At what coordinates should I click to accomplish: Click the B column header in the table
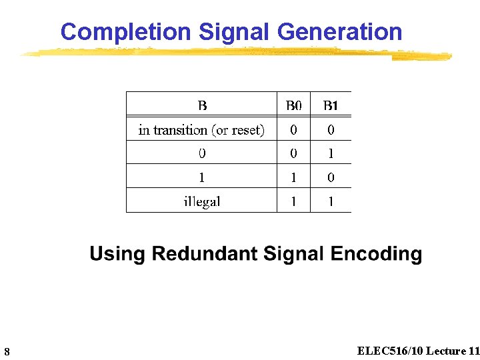tap(202, 105)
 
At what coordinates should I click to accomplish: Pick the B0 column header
tap(293, 105)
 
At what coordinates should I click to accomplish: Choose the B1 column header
tap(331, 105)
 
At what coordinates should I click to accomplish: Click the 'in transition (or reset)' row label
tap(201, 130)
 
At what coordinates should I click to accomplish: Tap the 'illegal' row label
tap(201, 201)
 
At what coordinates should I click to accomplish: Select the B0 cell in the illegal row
tap(293, 201)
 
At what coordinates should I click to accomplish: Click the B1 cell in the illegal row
tap(331, 201)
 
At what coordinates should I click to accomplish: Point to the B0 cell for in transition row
tap(293, 130)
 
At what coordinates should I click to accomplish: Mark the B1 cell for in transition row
tap(331, 130)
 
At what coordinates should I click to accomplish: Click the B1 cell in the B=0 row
tap(331, 154)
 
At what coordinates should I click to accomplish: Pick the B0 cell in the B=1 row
tap(293, 178)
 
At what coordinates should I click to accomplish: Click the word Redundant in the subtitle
tap(205, 254)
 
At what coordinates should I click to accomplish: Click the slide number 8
tap(6, 351)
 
